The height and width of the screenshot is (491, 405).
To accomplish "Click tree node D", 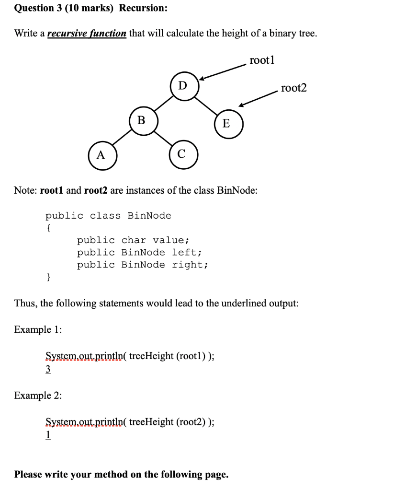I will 182,86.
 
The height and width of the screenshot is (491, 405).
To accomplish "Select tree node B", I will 141,120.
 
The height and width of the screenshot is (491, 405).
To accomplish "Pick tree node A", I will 101,155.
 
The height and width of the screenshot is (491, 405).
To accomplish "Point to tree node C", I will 181,155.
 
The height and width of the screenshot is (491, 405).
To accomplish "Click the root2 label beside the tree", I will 294,88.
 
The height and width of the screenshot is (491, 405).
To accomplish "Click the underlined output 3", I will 48,370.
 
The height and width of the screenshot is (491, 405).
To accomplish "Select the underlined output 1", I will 48,435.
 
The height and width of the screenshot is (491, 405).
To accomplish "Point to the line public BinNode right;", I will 143,265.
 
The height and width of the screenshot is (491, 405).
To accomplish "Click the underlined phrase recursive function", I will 87,33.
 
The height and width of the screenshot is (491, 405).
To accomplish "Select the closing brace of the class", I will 48,277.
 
